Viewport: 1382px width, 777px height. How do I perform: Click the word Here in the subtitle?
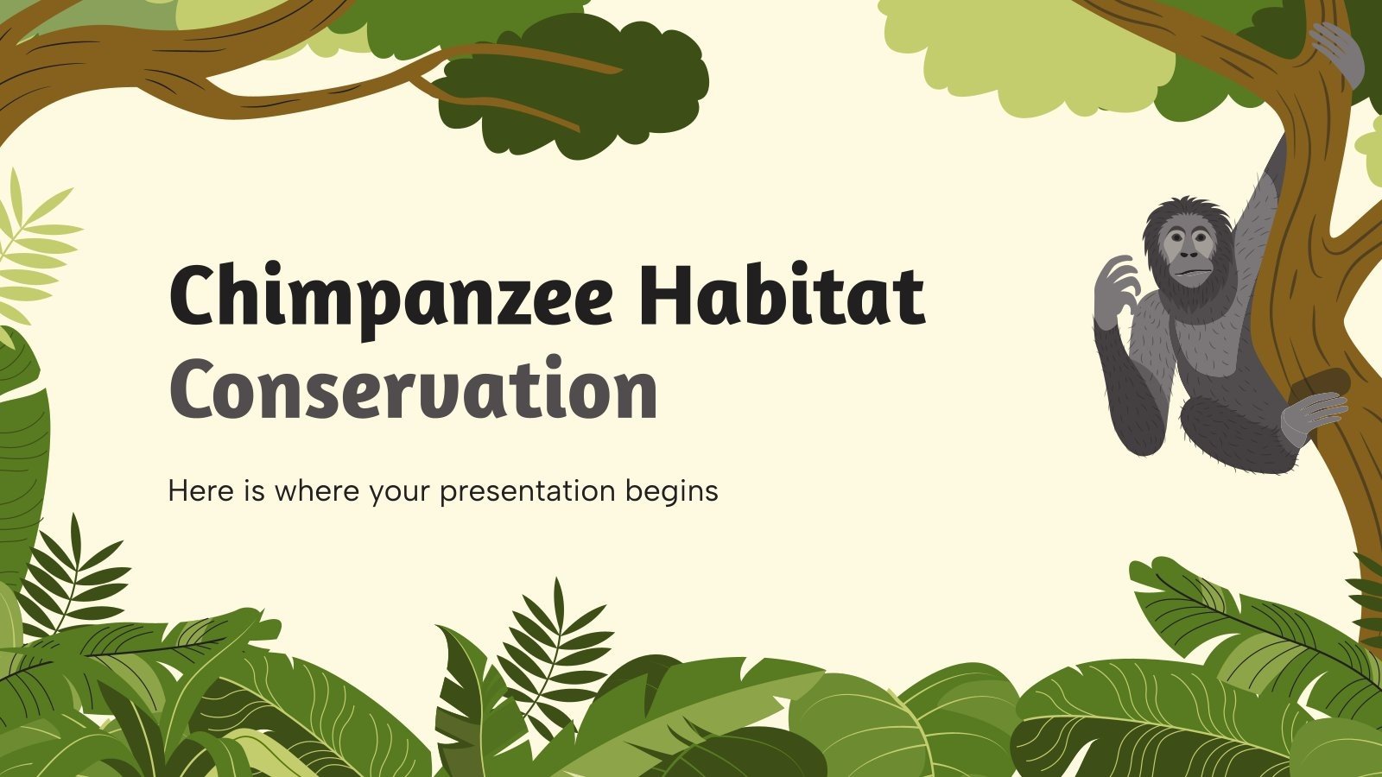coord(200,490)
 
